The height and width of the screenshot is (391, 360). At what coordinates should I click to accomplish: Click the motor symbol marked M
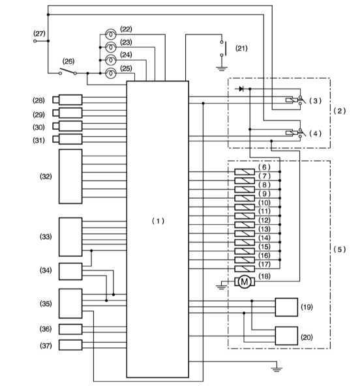[245, 282]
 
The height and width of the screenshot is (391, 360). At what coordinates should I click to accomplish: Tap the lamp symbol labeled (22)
[110, 34]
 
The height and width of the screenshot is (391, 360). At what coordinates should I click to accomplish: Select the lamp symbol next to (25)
[110, 73]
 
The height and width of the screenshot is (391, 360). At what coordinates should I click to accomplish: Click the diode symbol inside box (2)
[241, 89]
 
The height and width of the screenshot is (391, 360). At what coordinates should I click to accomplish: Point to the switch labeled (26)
[68, 71]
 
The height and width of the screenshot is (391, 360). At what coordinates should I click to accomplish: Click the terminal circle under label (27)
[35, 41]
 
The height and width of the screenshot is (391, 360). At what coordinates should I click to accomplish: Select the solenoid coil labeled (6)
[245, 172]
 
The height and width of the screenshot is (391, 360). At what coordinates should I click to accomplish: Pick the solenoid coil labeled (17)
[245, 268]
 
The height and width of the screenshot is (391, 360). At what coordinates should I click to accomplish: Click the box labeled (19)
[286, 307]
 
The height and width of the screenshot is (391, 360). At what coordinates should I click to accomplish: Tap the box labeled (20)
[286, 336]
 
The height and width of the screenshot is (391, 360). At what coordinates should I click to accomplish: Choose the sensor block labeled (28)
[67, 100]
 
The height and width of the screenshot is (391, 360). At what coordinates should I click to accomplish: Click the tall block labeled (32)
[70, 177]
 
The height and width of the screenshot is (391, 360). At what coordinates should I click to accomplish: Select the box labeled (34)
[70, 271]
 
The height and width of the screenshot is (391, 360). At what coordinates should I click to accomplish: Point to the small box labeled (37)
[70, 345]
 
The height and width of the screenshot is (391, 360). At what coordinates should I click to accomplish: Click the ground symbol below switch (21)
[222, 68]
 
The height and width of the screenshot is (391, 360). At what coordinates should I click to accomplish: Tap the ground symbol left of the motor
[221, 287]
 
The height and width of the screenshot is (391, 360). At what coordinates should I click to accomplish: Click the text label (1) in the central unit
[158, 221]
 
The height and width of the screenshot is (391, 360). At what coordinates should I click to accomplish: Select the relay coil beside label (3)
[292, 100]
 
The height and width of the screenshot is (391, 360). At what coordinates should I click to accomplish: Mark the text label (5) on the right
[340, 250]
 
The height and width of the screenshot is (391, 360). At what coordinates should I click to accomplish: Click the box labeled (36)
[70, 329]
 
